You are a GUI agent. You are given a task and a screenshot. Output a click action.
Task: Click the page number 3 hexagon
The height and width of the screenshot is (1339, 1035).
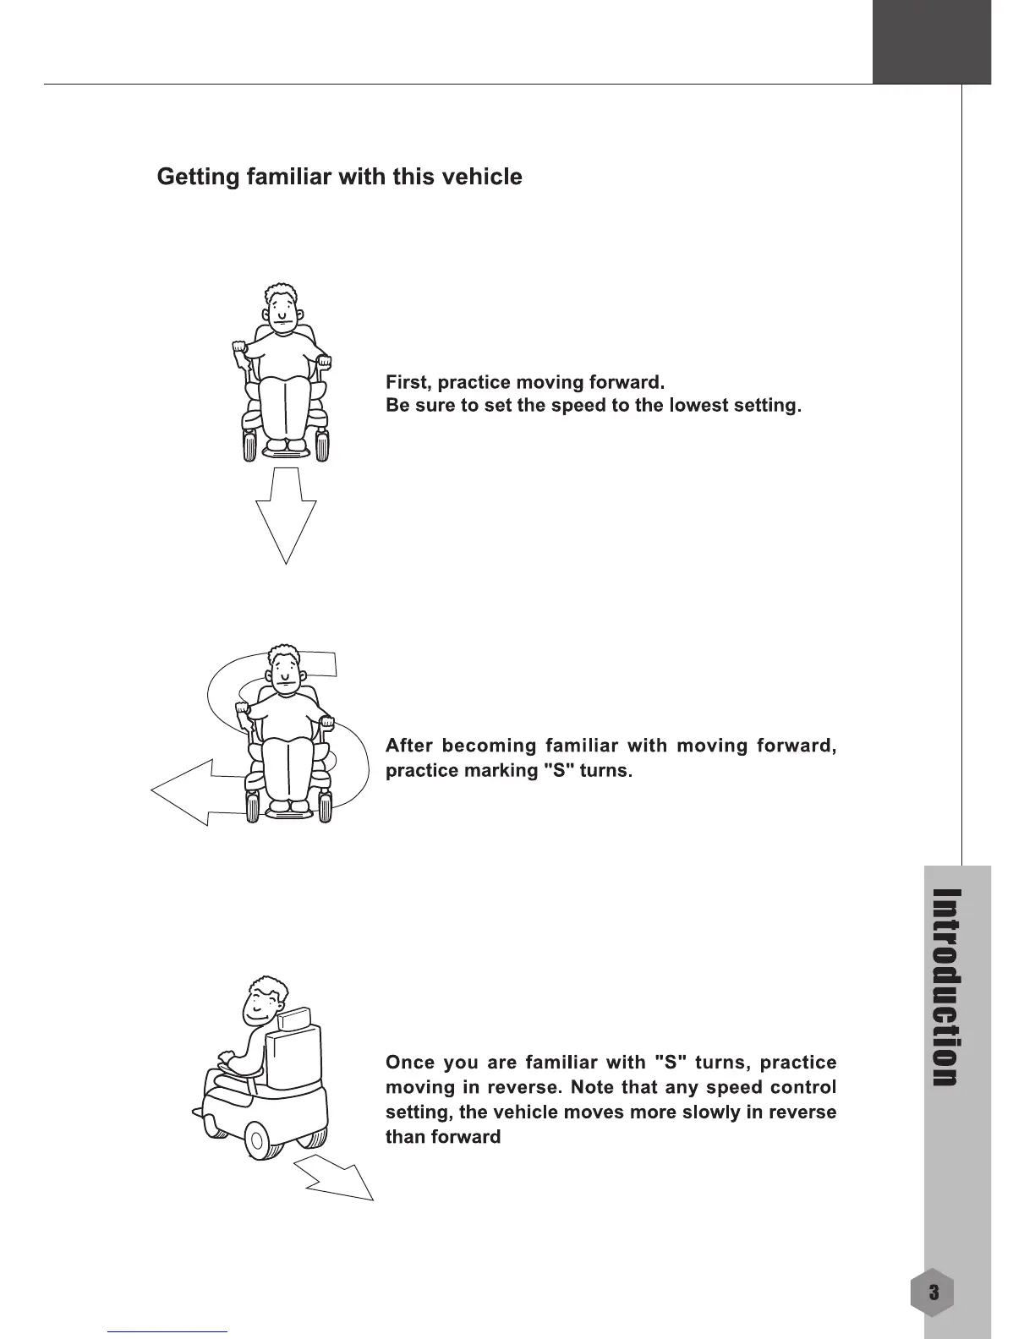934,1293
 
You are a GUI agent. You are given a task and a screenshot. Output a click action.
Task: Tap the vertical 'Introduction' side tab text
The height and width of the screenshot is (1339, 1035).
945,986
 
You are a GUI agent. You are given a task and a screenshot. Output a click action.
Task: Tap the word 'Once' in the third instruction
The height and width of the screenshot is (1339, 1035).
409,1062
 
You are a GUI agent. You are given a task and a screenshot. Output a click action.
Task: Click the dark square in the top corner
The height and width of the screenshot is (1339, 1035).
932,41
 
